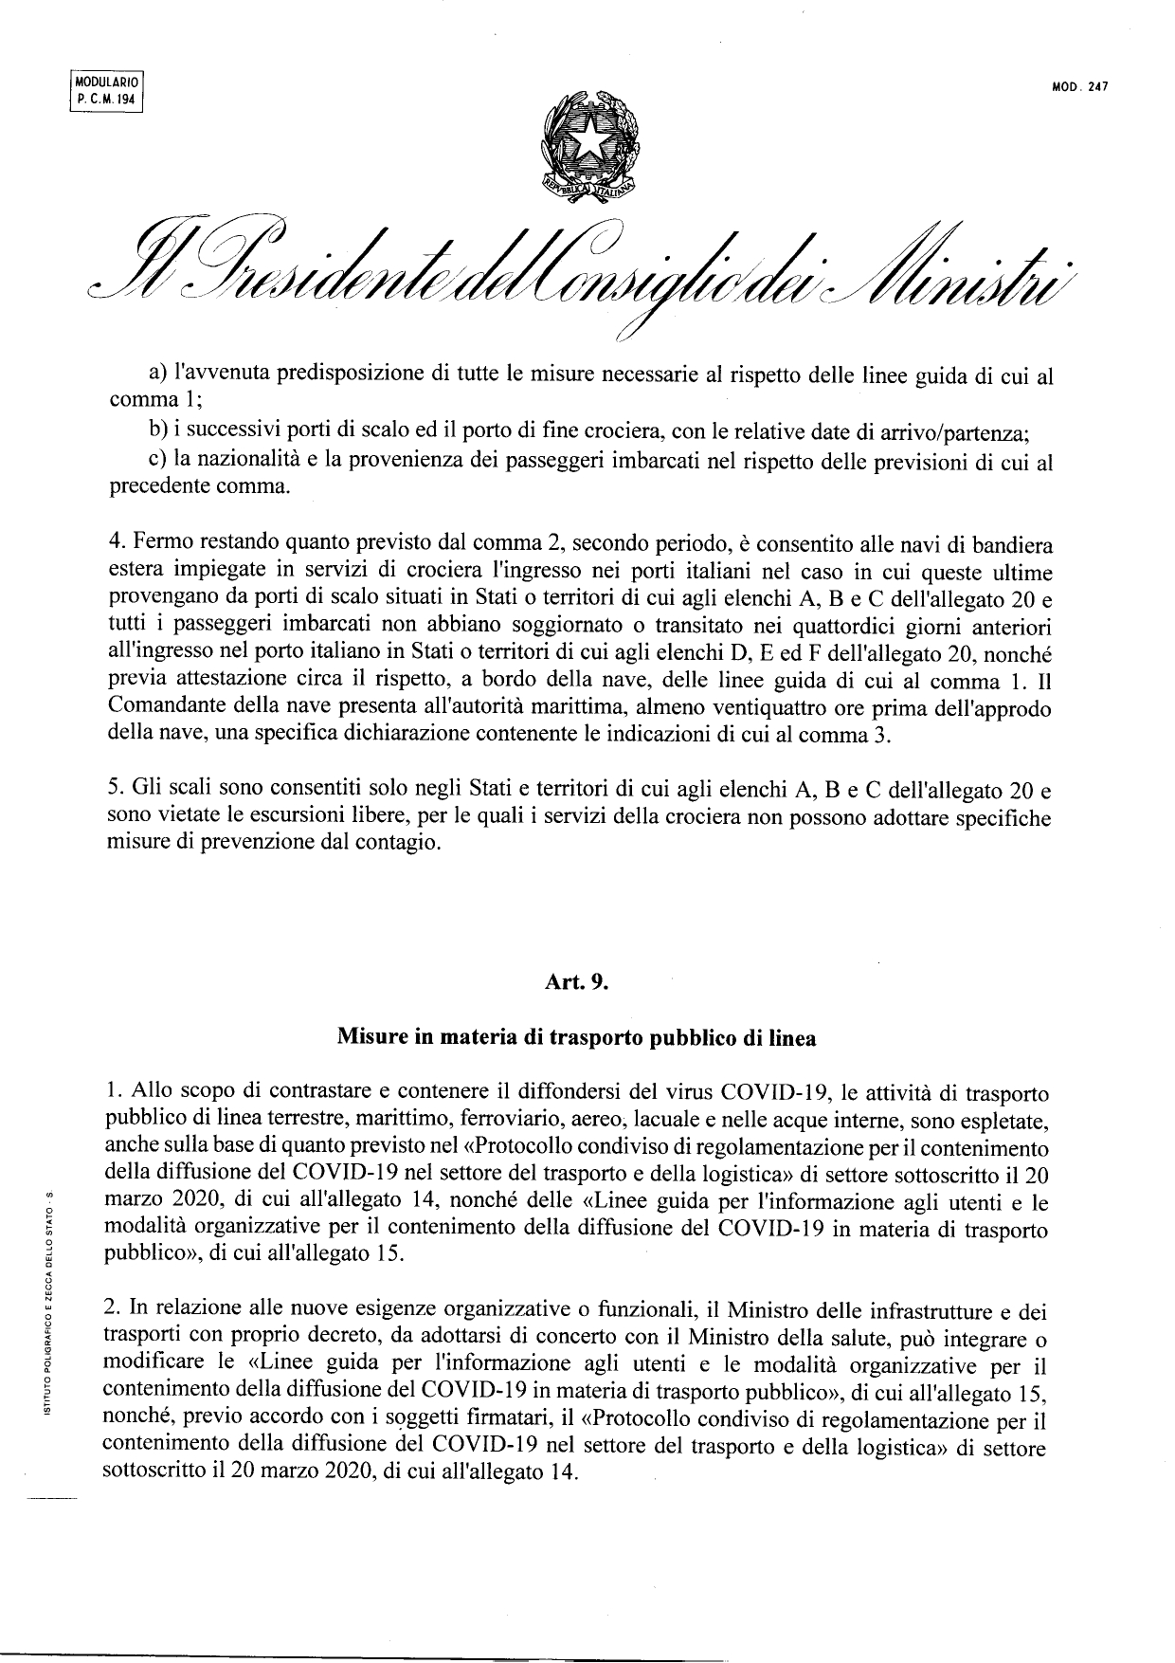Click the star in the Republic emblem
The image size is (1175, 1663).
pos(587,140)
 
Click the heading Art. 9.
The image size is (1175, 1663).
pos(576,982)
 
